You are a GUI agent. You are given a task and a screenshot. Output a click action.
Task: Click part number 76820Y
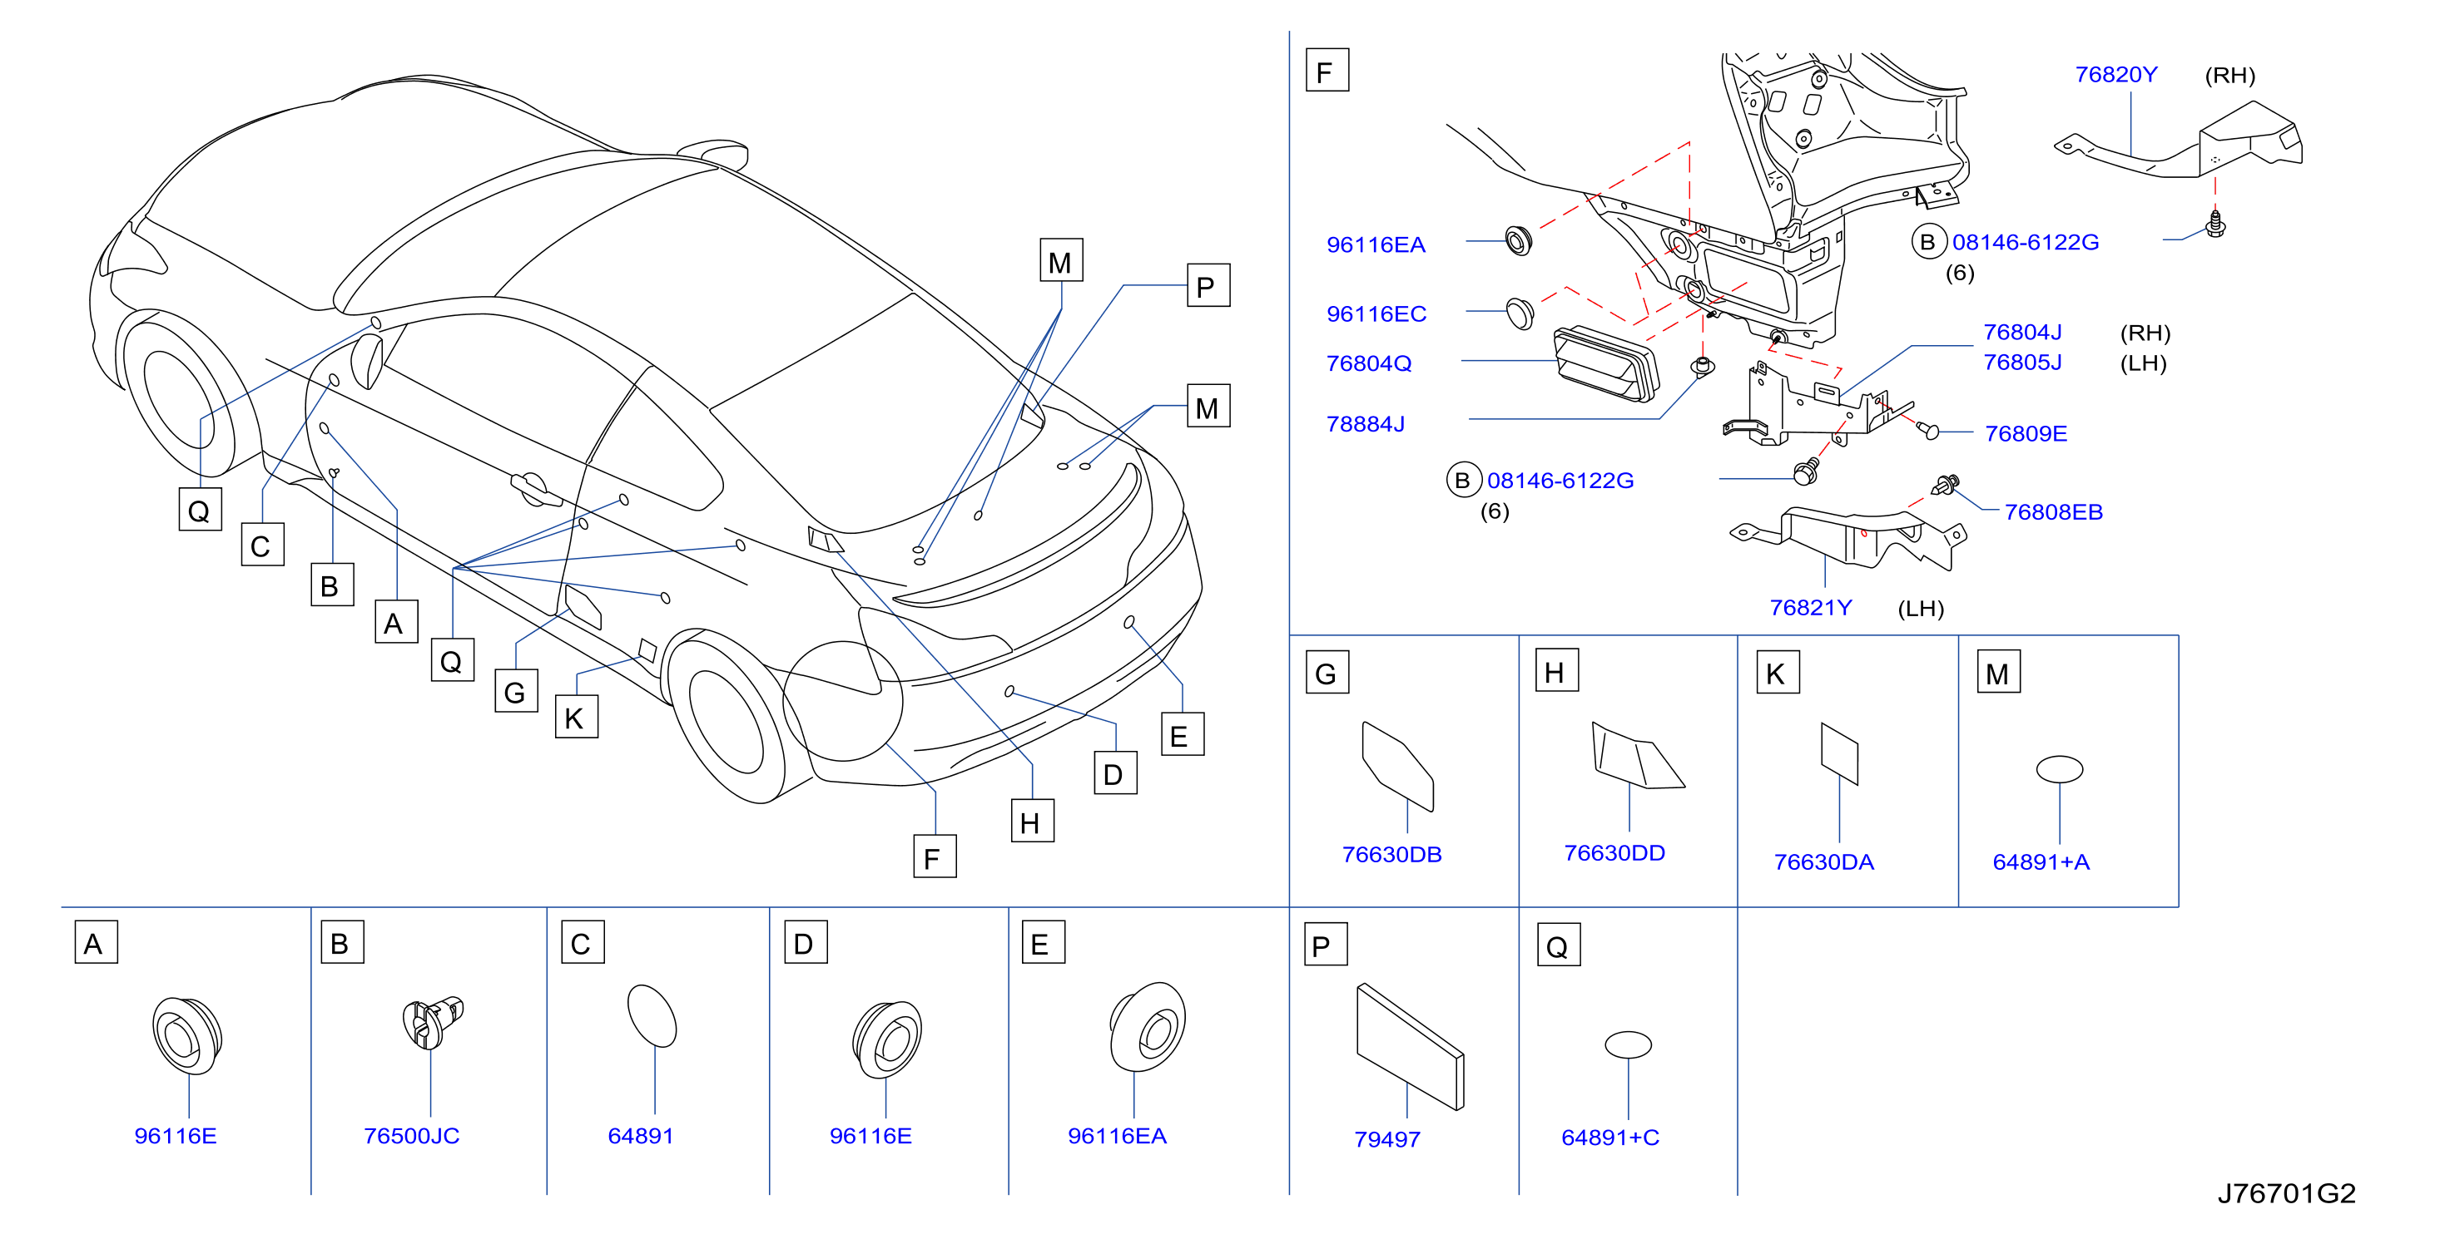[2115, 74]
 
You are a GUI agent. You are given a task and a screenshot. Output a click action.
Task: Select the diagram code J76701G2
[2285, 1193]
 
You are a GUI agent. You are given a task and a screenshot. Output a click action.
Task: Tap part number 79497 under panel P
[1386, 1138]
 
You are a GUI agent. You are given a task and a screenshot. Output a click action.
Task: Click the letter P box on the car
[1208, 285]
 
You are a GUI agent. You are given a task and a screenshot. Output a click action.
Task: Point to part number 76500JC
[411, 1135]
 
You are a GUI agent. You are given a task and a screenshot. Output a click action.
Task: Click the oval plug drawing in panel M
[2059, 768]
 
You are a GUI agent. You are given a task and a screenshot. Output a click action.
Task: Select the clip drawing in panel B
[433, 1022]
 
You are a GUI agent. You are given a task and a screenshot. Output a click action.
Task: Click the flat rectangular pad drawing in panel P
[1411, 1046]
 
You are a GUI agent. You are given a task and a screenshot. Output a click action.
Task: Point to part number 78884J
[1365, 423]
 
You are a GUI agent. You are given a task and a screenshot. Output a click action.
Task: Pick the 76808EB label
[2053, 511]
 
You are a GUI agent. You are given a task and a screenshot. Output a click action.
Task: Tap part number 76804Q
[1369, 363]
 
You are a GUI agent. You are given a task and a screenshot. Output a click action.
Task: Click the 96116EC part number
[1376, 313]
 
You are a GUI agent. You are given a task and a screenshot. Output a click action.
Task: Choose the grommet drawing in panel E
[1147, 1028]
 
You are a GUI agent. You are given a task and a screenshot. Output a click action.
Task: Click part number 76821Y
[1810, 608]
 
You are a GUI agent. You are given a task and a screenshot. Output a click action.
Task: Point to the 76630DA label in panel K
[1823, 861]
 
